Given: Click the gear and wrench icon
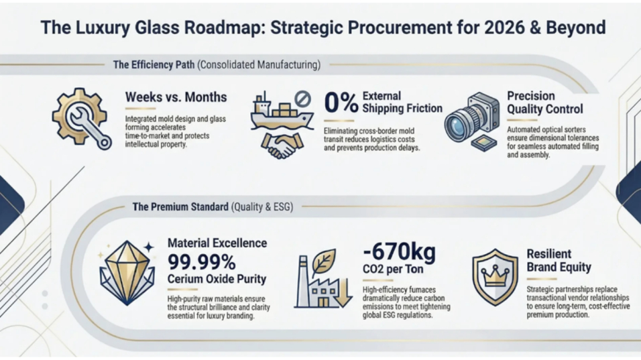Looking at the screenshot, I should [81, 119].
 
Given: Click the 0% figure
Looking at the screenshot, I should [341, 103].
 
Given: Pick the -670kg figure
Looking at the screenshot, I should [400, 253].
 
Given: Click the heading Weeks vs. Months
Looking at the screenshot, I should [176, 98].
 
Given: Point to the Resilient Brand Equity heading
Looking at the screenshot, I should [559, 261].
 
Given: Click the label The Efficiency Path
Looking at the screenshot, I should [154, 65].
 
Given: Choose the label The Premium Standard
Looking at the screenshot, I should [180, 207].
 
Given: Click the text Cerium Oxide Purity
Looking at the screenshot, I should [217, 279].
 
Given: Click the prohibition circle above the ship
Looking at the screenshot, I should [303, 100].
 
